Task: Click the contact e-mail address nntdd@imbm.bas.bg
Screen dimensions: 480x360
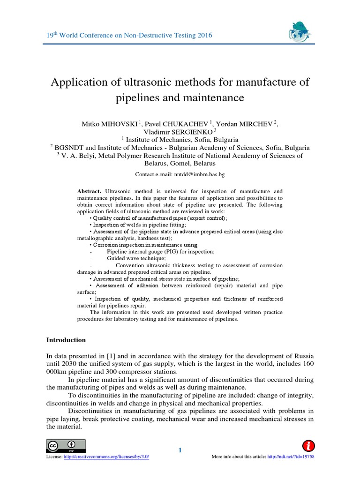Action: click(x=200, y=174)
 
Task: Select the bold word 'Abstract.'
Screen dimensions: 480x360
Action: click(x=89, y=192)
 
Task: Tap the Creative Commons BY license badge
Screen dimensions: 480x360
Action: click(x=66, y=445)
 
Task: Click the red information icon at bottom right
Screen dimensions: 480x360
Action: click(x=309, y=445)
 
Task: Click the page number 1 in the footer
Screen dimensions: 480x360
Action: click(x=180, y=450)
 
